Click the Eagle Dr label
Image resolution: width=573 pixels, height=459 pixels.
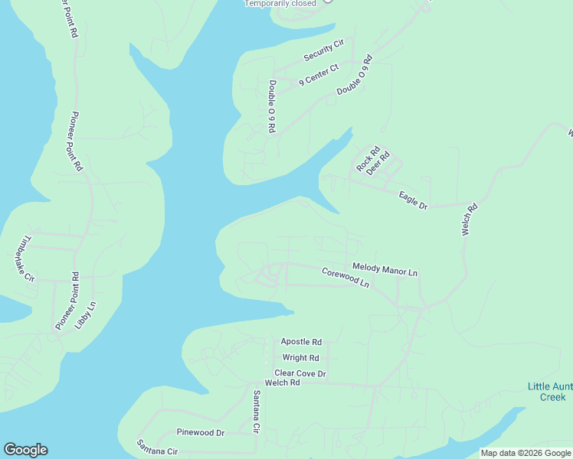point(413,200)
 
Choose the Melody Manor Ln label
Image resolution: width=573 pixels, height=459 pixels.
point(385,269)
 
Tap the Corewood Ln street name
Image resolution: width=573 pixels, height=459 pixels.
point(345,277)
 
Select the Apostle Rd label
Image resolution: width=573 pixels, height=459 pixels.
point(301,342)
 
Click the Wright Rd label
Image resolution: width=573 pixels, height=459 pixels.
point(300,357)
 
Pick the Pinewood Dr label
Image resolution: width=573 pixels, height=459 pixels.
point(200,432)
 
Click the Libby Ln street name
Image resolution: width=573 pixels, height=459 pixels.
point(85,315)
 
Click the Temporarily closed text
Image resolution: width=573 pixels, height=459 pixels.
point(280,4)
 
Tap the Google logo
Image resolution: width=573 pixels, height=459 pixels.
point(25,450)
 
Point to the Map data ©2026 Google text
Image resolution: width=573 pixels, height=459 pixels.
point(526,453)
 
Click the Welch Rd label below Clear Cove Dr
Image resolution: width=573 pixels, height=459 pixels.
point(282,382)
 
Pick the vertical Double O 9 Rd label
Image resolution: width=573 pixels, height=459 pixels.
point(271,106)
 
